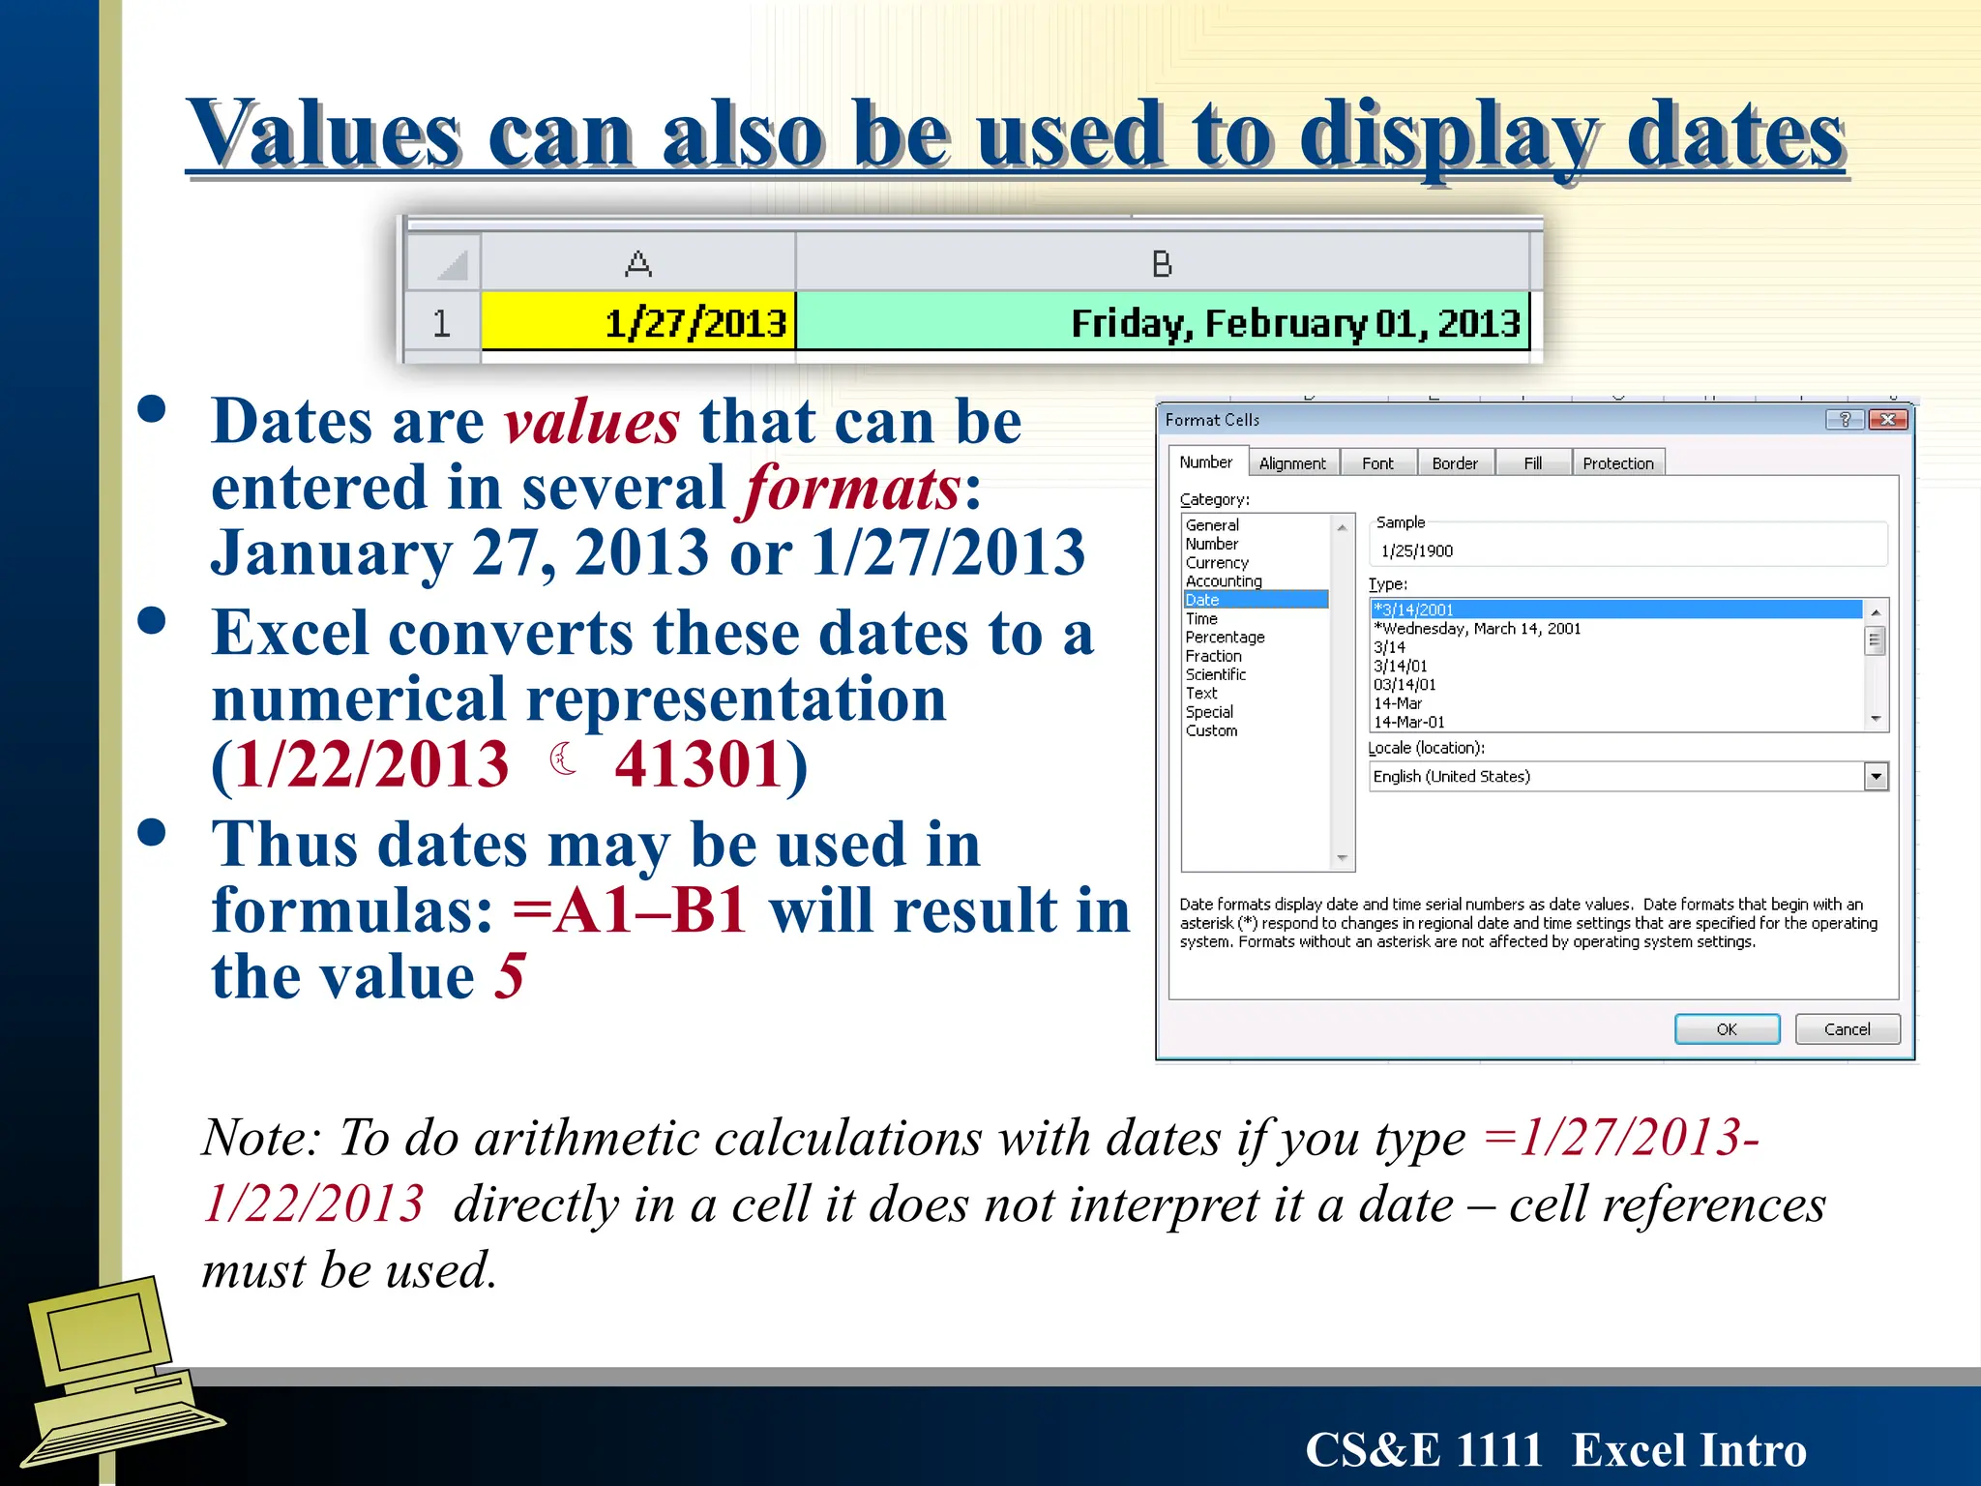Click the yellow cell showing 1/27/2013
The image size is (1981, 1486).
tap(638, 322)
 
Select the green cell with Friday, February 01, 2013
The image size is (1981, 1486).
tap(1162, 322)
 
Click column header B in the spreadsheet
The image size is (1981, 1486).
tap(1162, 263)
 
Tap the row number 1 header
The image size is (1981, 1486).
tap(442, 322)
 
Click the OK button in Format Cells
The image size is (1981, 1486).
tap(1727, 1029)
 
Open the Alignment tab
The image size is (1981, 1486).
tap(1292, 463)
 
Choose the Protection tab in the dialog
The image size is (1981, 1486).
tap(1617, 463)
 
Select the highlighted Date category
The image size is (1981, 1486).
tap(1203, 600)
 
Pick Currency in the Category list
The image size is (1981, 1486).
tap(1217, 562)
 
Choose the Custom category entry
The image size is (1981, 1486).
tap(1211, 730)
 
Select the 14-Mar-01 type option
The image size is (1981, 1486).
tap(1409, 722)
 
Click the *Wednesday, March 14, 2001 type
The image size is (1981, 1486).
tap(1477, 629)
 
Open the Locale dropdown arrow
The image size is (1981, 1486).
tap(1876, 776)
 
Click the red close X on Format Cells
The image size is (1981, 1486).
tap(1888, 419)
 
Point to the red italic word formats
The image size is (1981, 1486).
tap(852, 487)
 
